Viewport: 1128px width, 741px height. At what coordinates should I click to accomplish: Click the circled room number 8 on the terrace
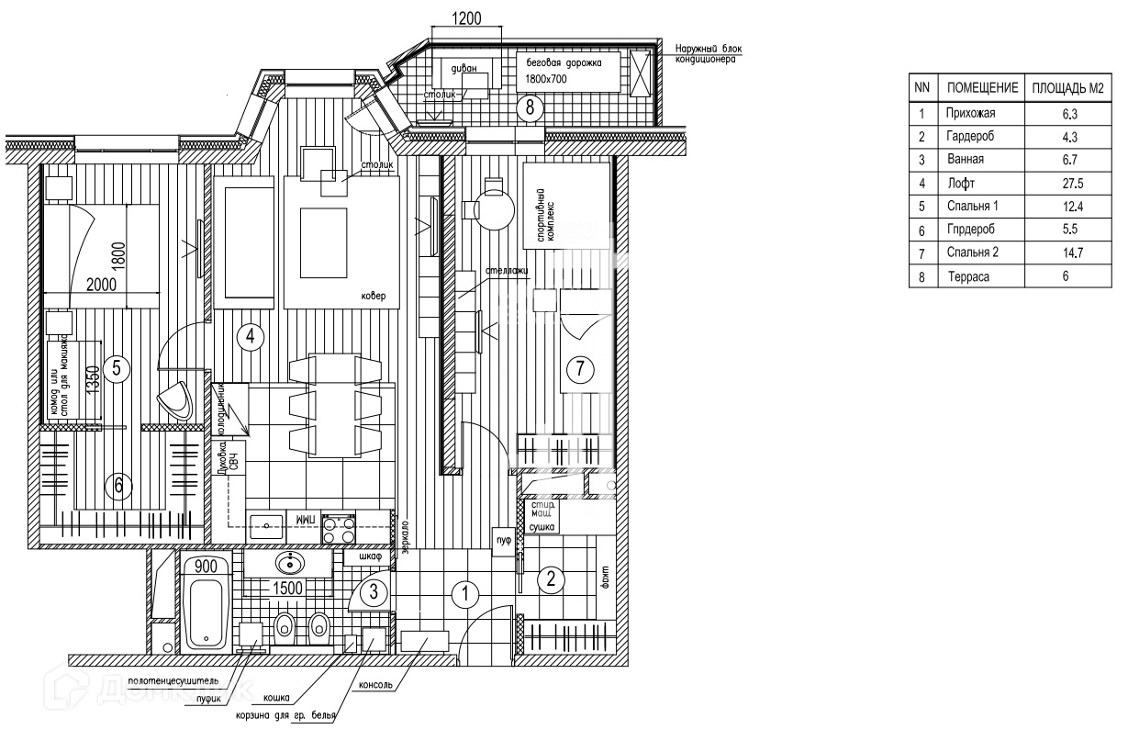tap(529, 107)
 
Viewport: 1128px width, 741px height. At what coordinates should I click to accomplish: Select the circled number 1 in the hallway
tap(465, 595)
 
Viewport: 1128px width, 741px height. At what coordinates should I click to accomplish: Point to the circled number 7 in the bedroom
tap(579, 369)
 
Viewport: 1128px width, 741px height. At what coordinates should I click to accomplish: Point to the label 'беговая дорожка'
tap(557, 63)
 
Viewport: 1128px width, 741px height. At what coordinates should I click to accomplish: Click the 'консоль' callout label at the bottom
tap(375, 685)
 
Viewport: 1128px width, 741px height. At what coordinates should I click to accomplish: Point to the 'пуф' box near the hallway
tap(503, 541)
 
